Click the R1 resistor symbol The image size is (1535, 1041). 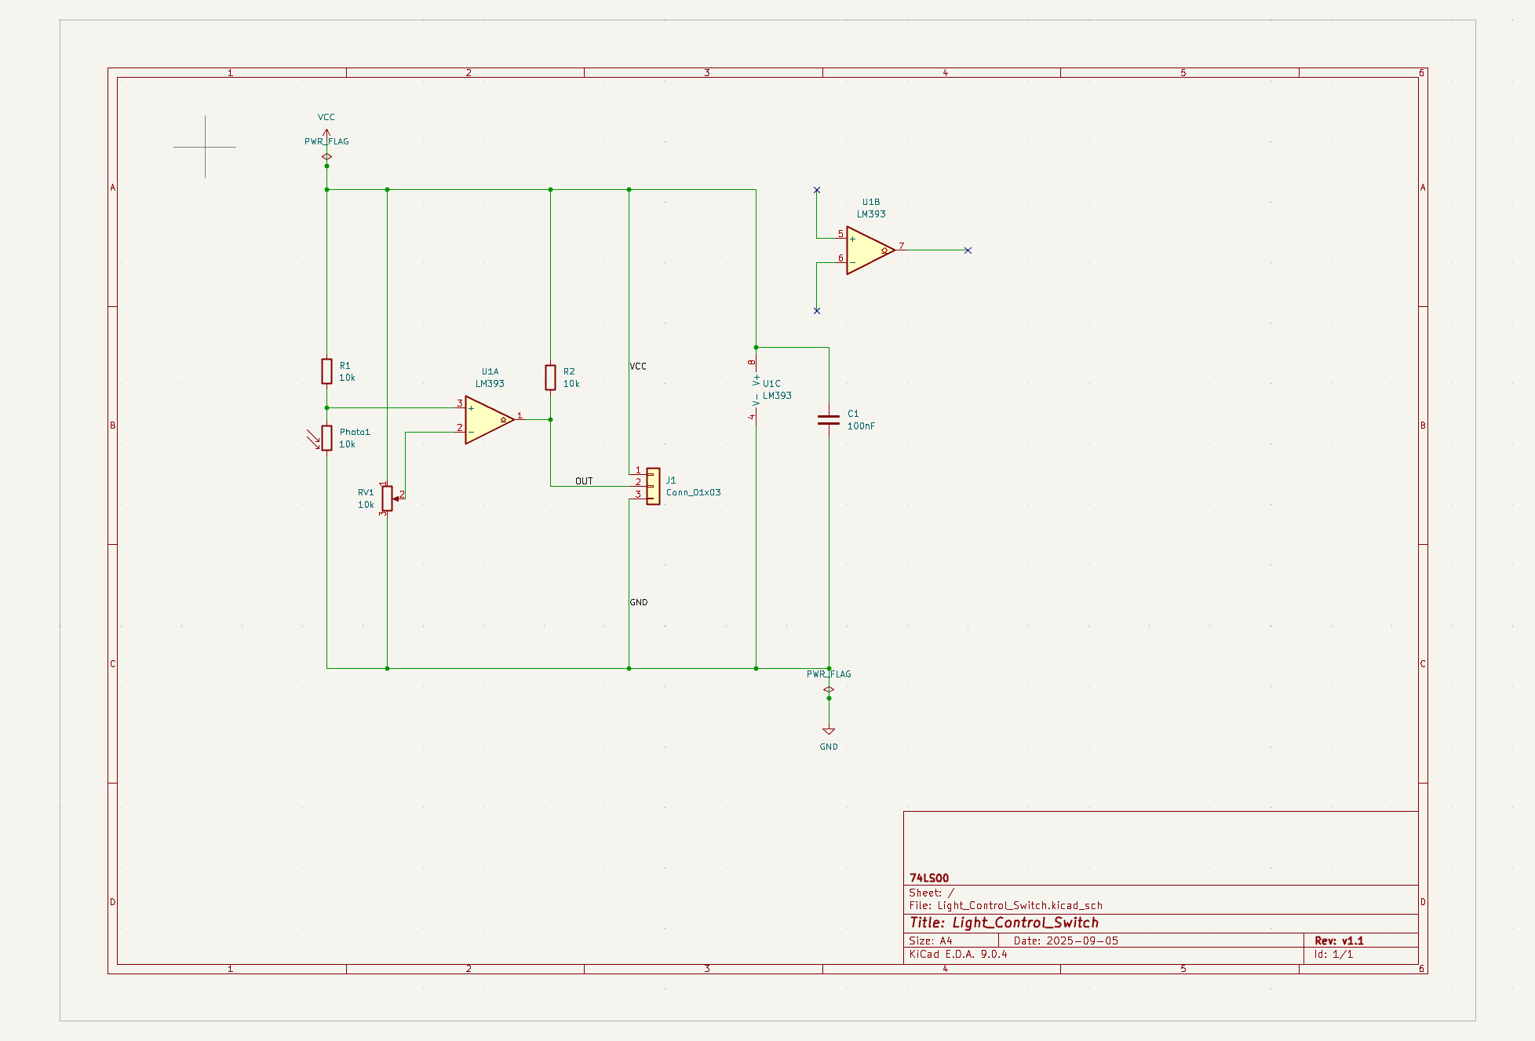coord(326,371)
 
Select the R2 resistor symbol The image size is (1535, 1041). coord(550,378)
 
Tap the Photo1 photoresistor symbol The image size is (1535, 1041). coord(326,438)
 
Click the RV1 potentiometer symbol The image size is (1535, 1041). coord(387,498)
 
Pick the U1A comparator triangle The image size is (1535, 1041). coord(487,420)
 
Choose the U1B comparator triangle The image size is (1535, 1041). coord(868,250)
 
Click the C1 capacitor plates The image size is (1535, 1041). coord(829,420)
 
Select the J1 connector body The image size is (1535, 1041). coord(653,486)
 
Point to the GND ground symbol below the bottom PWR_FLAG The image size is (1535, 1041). coord(829,732)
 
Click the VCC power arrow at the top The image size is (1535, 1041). coord(326,133)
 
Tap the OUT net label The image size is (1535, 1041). coord(584,481)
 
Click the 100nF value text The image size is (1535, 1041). coord(861,426)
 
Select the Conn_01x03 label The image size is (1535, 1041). coord(694,493)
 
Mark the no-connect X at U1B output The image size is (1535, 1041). coord(968,250)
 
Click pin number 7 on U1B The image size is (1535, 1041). coord(902,246)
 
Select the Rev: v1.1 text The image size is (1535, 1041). coord(1339,941)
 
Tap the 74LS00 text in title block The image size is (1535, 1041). coord(929,878)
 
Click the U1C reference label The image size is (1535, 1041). coord(771,384)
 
